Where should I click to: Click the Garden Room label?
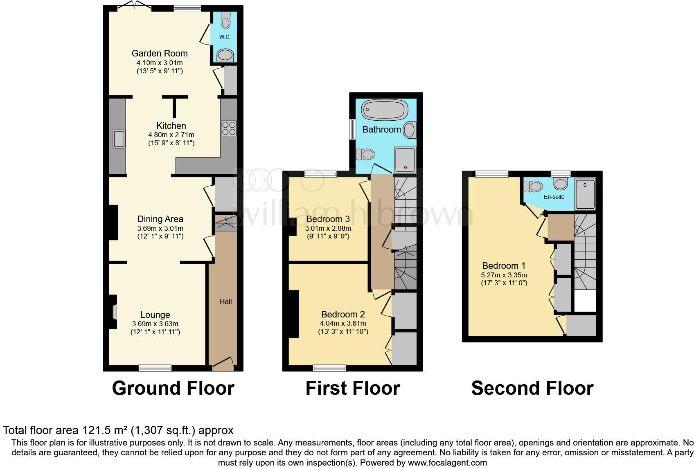pyautogui.click(x=160, y=53)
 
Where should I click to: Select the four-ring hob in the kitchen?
pyautogui.click(x=228, y=128)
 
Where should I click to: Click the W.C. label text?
pyautogui.click(x=225, y=37)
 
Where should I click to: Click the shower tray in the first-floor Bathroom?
pyautogui.click(x=405, y=159)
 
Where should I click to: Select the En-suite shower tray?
pyautogui.click(x=585, y=193)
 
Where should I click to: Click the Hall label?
pyautogui.click(x=225, y=301)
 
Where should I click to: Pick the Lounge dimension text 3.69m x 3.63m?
pyautogui.click(x=155, y=324)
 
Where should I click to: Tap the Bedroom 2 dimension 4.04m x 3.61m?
pyautogui.click(x=343, y=323)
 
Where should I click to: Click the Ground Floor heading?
pyautogui.click(x=173, y=388)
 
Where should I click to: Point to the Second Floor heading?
pyautogui.click(x=532, y=388)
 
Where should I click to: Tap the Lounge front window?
pyautogui.click(x=155, y=368)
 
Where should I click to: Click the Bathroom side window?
pyautogui.click(x=351, y=129)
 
